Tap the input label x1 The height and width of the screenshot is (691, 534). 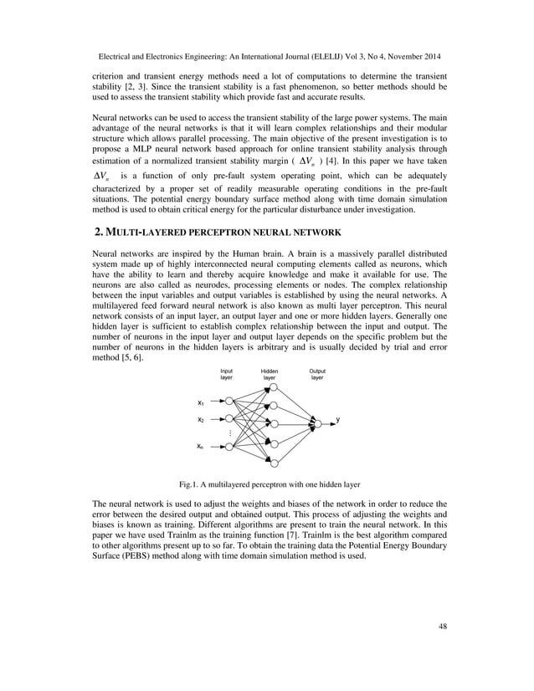click(201, 402)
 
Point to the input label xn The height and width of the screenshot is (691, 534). click(201, 448)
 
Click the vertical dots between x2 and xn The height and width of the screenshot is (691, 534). click(229, 433)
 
